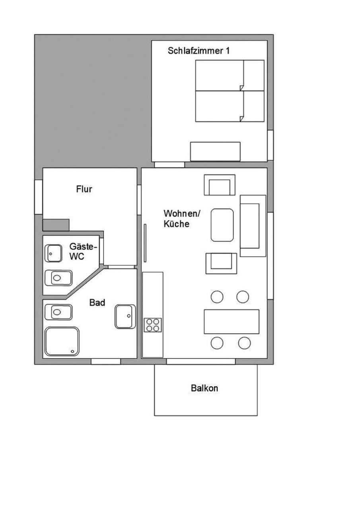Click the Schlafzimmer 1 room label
pyautogui.click(x=198, y=50)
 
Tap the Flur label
pyautogui.click(x=84, y=189)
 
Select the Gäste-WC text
pyautogui.click(x=83, y=251)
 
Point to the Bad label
pyautogui.click(x=97, y=303)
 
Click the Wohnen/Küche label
pyautogui.click(x=182, y=218)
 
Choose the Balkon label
pyautogui.click(x=204, y=388)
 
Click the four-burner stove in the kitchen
pyautogui.click(x=153, y=325)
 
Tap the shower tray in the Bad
pyautogui.click(x=62, y=341)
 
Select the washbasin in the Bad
pyautogui.click(x=125, y=317)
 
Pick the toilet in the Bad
pyautogui.click(x=58, y=312)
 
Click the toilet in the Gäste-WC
pyautogui.click(x=58, y=278)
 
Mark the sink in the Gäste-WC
pyautogui.click(x=53, y=253)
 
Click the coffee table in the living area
pyautogui.click(x=222, y=225)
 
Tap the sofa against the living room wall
pyautogui.click(x=253, y=226)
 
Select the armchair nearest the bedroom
pyautogui.click(x=220, y=185)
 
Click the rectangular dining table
pyautogui.click(x=232, y=322)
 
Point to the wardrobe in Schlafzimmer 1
pyautogui.click(x=215, y=152)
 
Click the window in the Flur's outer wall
pyautogui.click(x=39, y=197)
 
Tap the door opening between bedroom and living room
pyautogui.click(x=169, y=165)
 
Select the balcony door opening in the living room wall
pyautogui.click(x=201, y=361)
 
